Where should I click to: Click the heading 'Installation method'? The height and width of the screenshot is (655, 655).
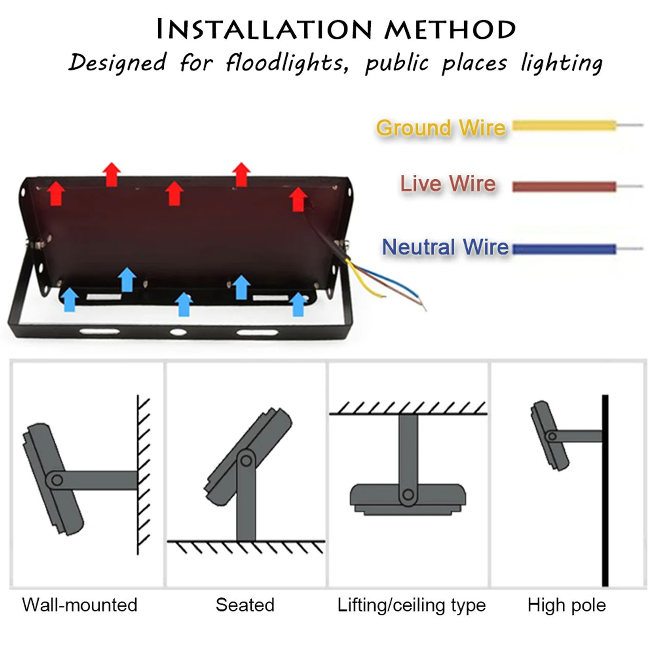pos(336,29)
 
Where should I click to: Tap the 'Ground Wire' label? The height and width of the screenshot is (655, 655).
pos(441,128)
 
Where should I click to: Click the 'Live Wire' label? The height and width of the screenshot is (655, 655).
pos(448,183)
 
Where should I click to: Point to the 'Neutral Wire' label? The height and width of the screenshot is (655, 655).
pos(445,247)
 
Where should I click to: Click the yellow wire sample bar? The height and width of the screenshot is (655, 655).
pos(564,125)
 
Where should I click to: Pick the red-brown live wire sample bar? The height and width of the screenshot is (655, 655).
pos(564,187)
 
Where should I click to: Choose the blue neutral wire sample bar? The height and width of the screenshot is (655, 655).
pos(564,249)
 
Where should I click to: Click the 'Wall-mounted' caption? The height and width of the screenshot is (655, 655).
pos(80,605)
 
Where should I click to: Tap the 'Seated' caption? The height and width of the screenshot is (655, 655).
pos(245,605)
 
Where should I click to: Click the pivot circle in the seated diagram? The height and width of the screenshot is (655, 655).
pos(246,461)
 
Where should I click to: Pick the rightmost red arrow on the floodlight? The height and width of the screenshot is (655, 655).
pos(298,199)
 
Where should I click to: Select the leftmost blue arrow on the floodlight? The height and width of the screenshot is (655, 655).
pos(70,300)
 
